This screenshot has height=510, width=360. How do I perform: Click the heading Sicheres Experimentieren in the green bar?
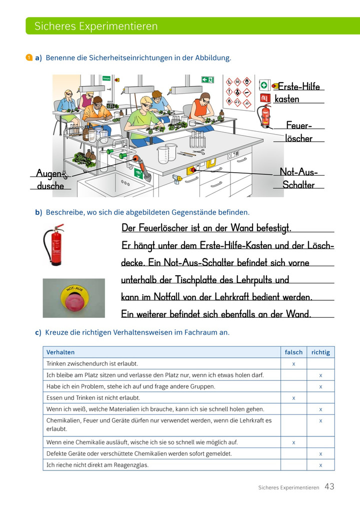[x=96, y=26]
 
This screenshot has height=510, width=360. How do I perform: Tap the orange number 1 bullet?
[x=28, y=58]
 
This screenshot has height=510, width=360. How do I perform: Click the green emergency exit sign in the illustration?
[x=207, y=80]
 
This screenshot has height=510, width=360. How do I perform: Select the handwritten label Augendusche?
[x=50, y=179]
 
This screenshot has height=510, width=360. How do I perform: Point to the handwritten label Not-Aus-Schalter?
[x=298, y=178]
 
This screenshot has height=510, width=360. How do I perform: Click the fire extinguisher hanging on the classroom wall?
[x=264, y=116]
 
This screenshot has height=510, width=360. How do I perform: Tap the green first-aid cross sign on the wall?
[x=264, y=85]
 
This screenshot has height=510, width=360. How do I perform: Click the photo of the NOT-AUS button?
[x=74, y=298]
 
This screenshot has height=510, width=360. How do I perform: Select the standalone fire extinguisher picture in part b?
[x=54, y=245]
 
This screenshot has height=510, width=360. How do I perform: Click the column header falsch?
[x=293, y=352]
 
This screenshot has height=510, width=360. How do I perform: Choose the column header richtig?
[x=320, y=352]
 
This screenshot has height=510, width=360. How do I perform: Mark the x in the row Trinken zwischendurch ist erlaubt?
[x=293, y=364]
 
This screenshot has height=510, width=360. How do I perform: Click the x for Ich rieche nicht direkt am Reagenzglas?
[x=320, y=465]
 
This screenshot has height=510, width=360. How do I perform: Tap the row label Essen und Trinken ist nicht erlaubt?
[x=93, y=398]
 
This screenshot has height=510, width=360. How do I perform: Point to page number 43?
[x=329, y=486]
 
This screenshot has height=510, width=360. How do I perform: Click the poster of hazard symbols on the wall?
[x=239, y=93]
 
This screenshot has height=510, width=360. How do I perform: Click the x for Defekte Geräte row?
[x=320, y=454]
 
